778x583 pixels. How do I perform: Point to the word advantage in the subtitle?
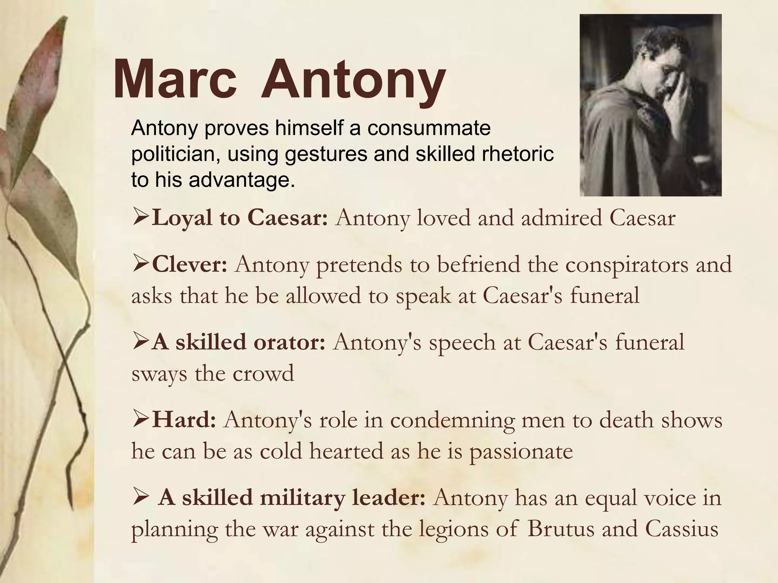pyautogui.click(x=242, y=180)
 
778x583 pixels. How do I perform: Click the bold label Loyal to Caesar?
pyautogui.click(x=239, y=218)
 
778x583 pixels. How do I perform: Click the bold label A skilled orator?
pyautogui.click(x=239, y=342)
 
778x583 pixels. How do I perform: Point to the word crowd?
pyautogui.click(x=263, y=373)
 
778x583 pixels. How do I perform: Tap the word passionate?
pyautogui.click(x=521, y=452)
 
